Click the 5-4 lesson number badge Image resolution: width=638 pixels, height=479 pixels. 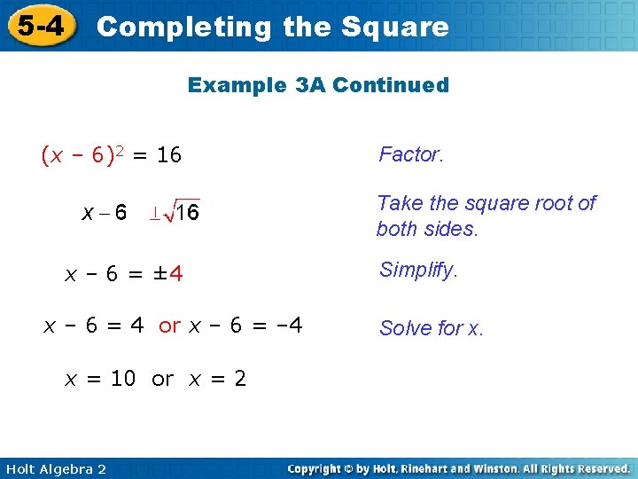point(39,26)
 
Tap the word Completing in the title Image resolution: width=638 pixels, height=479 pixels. point(185,27)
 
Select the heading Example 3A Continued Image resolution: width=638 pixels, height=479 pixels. point(318,85)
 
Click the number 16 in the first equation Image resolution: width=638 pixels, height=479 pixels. point(168,156)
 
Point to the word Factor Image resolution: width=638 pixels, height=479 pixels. point(410,154)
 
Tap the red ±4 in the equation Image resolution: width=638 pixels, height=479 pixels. point(168,274)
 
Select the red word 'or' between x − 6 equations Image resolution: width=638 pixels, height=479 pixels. point(170,326)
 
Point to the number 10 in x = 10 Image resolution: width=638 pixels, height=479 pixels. point(123,379)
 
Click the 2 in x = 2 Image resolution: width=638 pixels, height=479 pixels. point(240,379)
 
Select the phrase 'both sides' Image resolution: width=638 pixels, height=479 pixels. point(425,229)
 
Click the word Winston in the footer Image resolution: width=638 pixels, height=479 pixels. point(484,468)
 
